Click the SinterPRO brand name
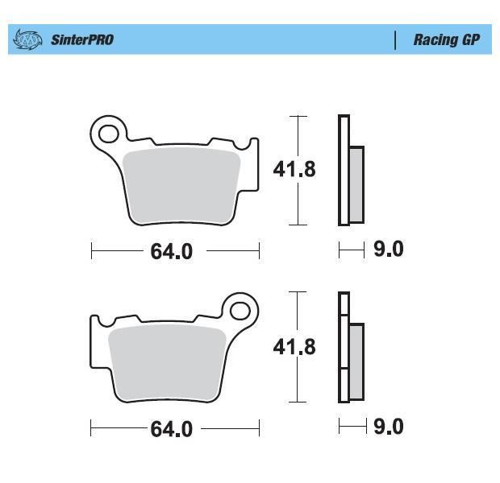(82, 39)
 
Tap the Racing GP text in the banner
(447, 40)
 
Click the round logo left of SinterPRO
(27, 39)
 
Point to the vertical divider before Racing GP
(395, 40)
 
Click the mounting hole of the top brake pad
(109, 134)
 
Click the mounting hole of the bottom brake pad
(240, 311)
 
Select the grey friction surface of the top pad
(181, 185)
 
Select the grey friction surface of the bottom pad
(168, 362)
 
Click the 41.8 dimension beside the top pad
(294, 169)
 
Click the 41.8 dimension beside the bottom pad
(294, 347)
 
